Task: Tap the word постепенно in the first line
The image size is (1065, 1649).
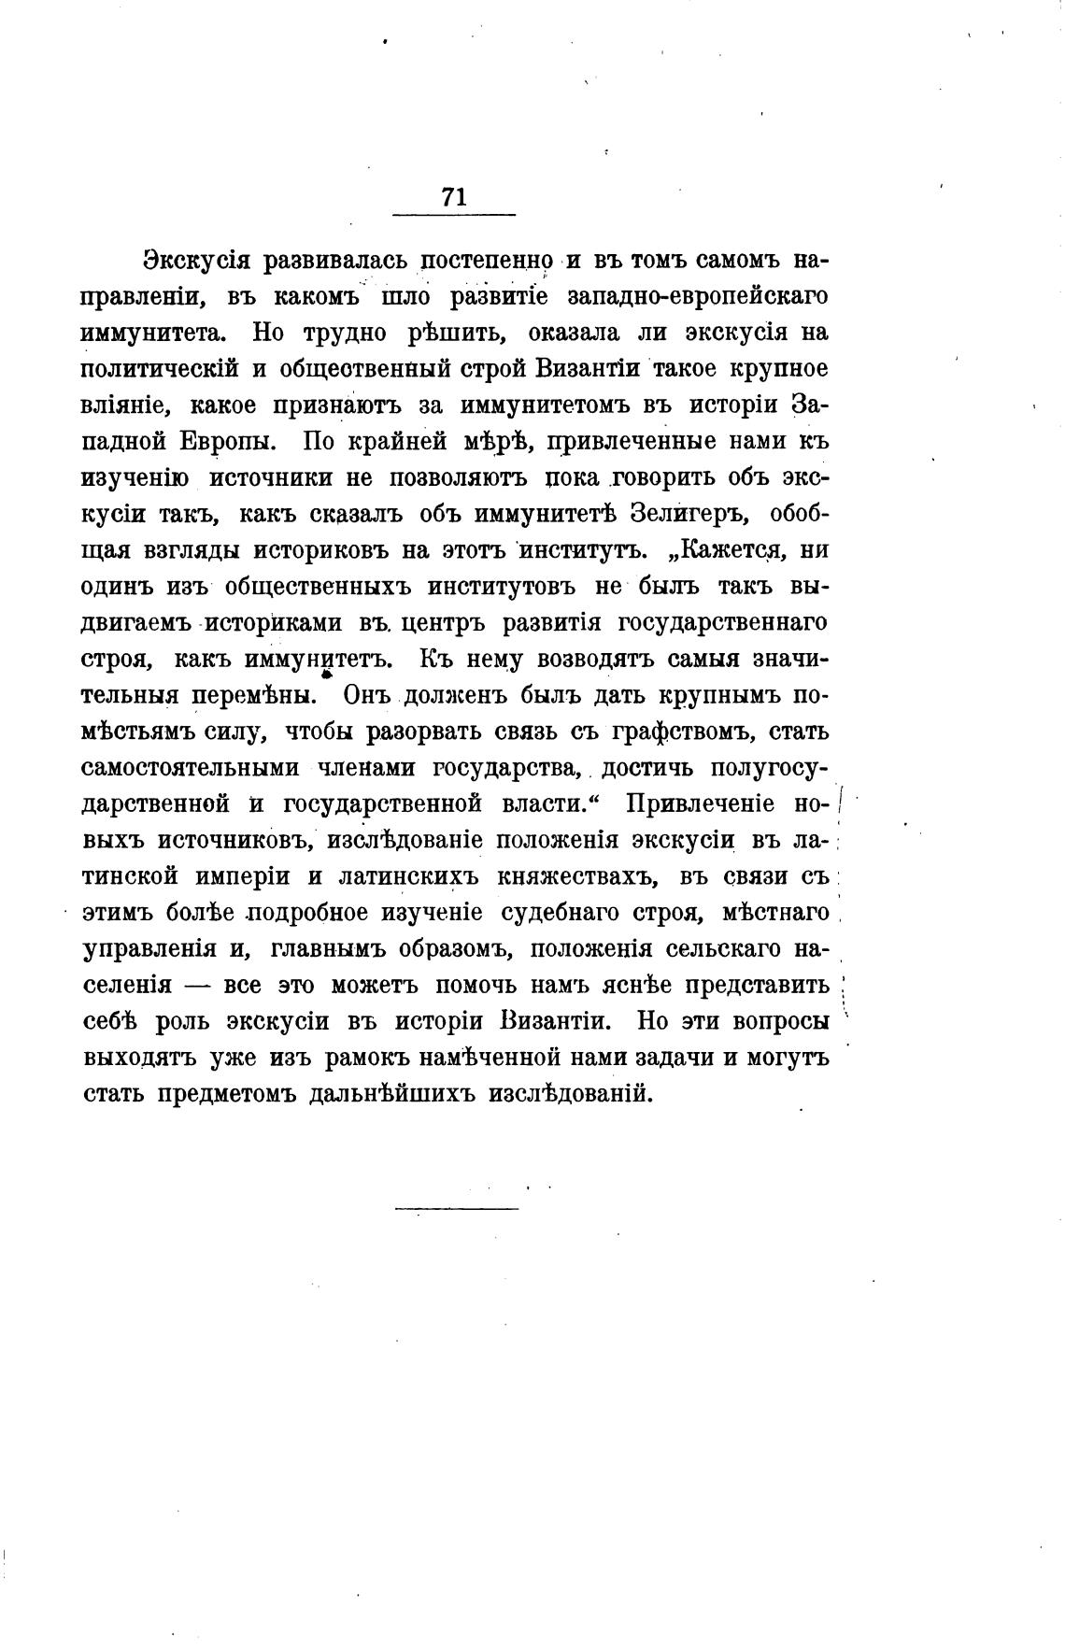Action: click(487, 261)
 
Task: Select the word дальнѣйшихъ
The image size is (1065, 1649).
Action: click(400, 1094)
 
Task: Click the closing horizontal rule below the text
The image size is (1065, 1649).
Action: click(456, 1209)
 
